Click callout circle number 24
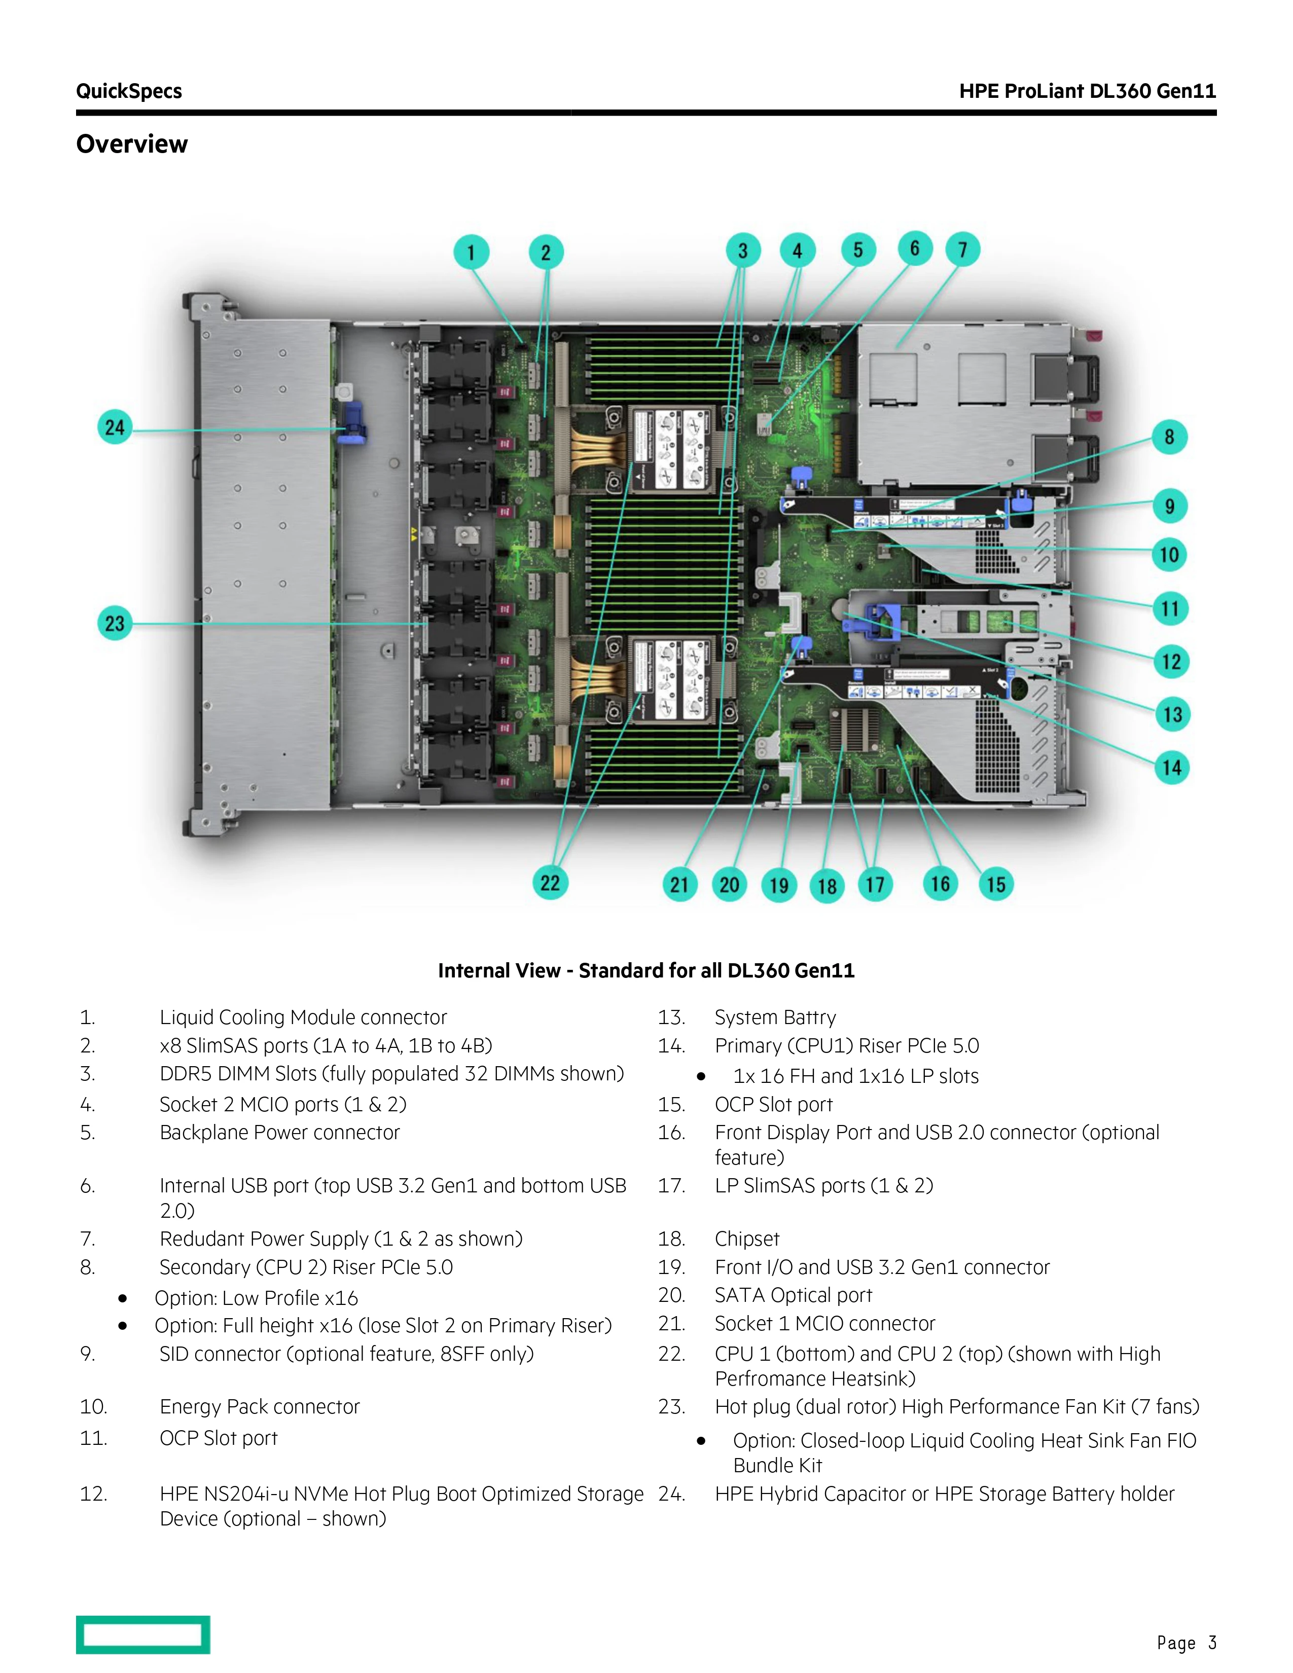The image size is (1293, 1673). pos(115,427)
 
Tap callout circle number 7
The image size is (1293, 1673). pos(963,250)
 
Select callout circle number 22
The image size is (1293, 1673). pos(550,883)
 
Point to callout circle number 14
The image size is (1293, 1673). pos(1171,768)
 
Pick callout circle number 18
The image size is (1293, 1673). pos(827,886)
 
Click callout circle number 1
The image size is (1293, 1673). pos(471,252)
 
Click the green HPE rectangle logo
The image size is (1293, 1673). pos(142,1634)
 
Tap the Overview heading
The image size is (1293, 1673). pos(132,144)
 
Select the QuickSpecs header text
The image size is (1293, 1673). pos(129,91)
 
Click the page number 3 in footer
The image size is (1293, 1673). pos(1212,1643)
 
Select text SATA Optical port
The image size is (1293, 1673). pos(793,1295)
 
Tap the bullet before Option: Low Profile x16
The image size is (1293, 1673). pos(123,1298)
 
